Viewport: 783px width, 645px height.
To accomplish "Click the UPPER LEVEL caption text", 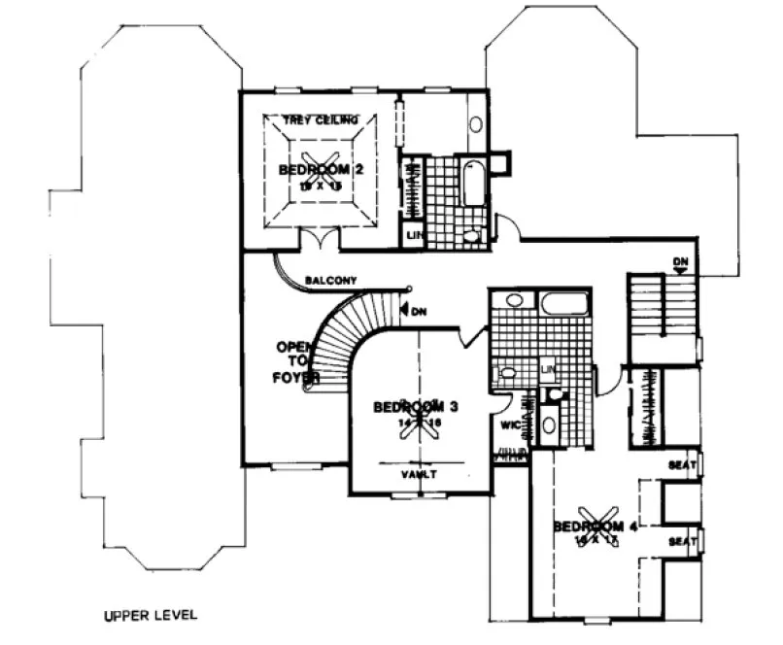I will (x=151, y=615).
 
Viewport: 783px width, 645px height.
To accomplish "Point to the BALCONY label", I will (x=330, y=280).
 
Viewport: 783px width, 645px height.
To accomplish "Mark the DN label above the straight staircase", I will (x=681, y=262).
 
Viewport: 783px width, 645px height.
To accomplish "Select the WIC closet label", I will (x=508, y=424).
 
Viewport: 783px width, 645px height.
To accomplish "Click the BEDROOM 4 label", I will (x=595, y=526).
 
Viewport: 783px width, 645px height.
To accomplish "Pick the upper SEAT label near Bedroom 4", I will (x=682, y=466).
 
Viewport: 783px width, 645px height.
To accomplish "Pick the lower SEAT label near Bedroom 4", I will (x=682, y=540).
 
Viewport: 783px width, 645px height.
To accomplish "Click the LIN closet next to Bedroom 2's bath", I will (x=412, y=236).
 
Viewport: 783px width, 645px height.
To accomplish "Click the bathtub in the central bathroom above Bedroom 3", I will (x=563, y=303).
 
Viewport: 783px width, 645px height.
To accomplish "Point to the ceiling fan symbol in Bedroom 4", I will (x=595, y=521).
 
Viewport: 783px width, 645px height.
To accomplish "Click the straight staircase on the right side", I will (x=661, y=311).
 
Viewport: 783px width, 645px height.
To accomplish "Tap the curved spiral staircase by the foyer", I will (x=340, y=335).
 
